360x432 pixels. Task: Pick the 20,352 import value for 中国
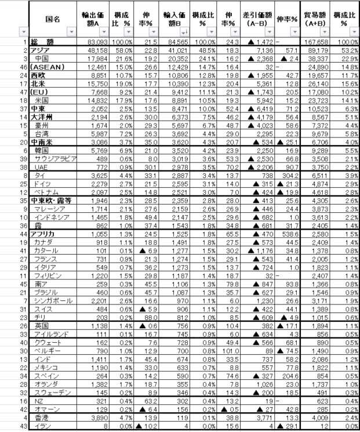click(182, 59)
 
